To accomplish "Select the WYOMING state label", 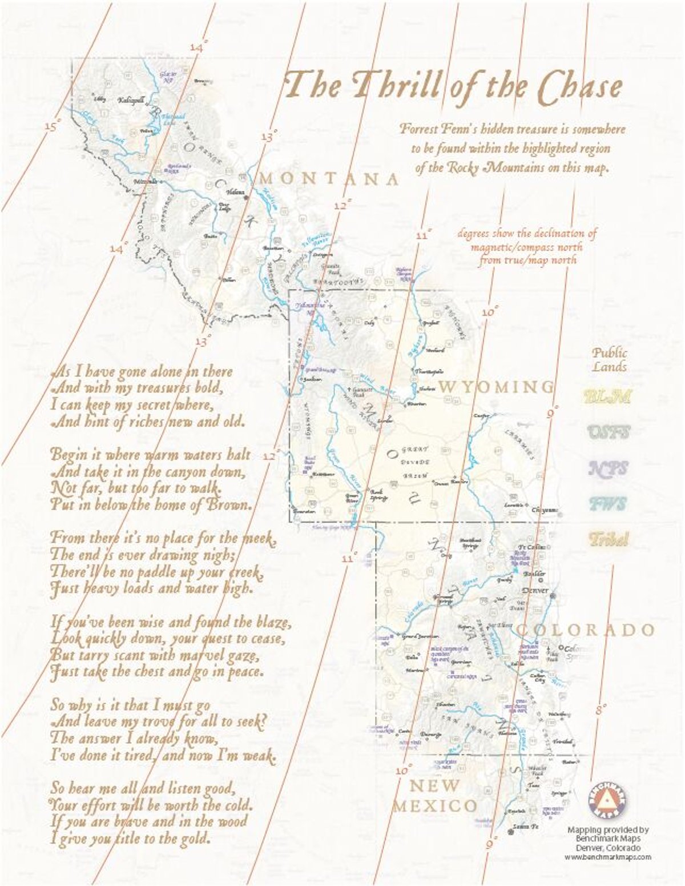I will pyautogui.click(x=496, y=387).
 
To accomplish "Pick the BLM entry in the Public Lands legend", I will pyautogui.click(x=608, y=396).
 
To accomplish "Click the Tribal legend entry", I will pyautogui.click(x=609, y=539).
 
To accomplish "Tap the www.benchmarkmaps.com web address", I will pyautogui.click(x=608, y=857).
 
